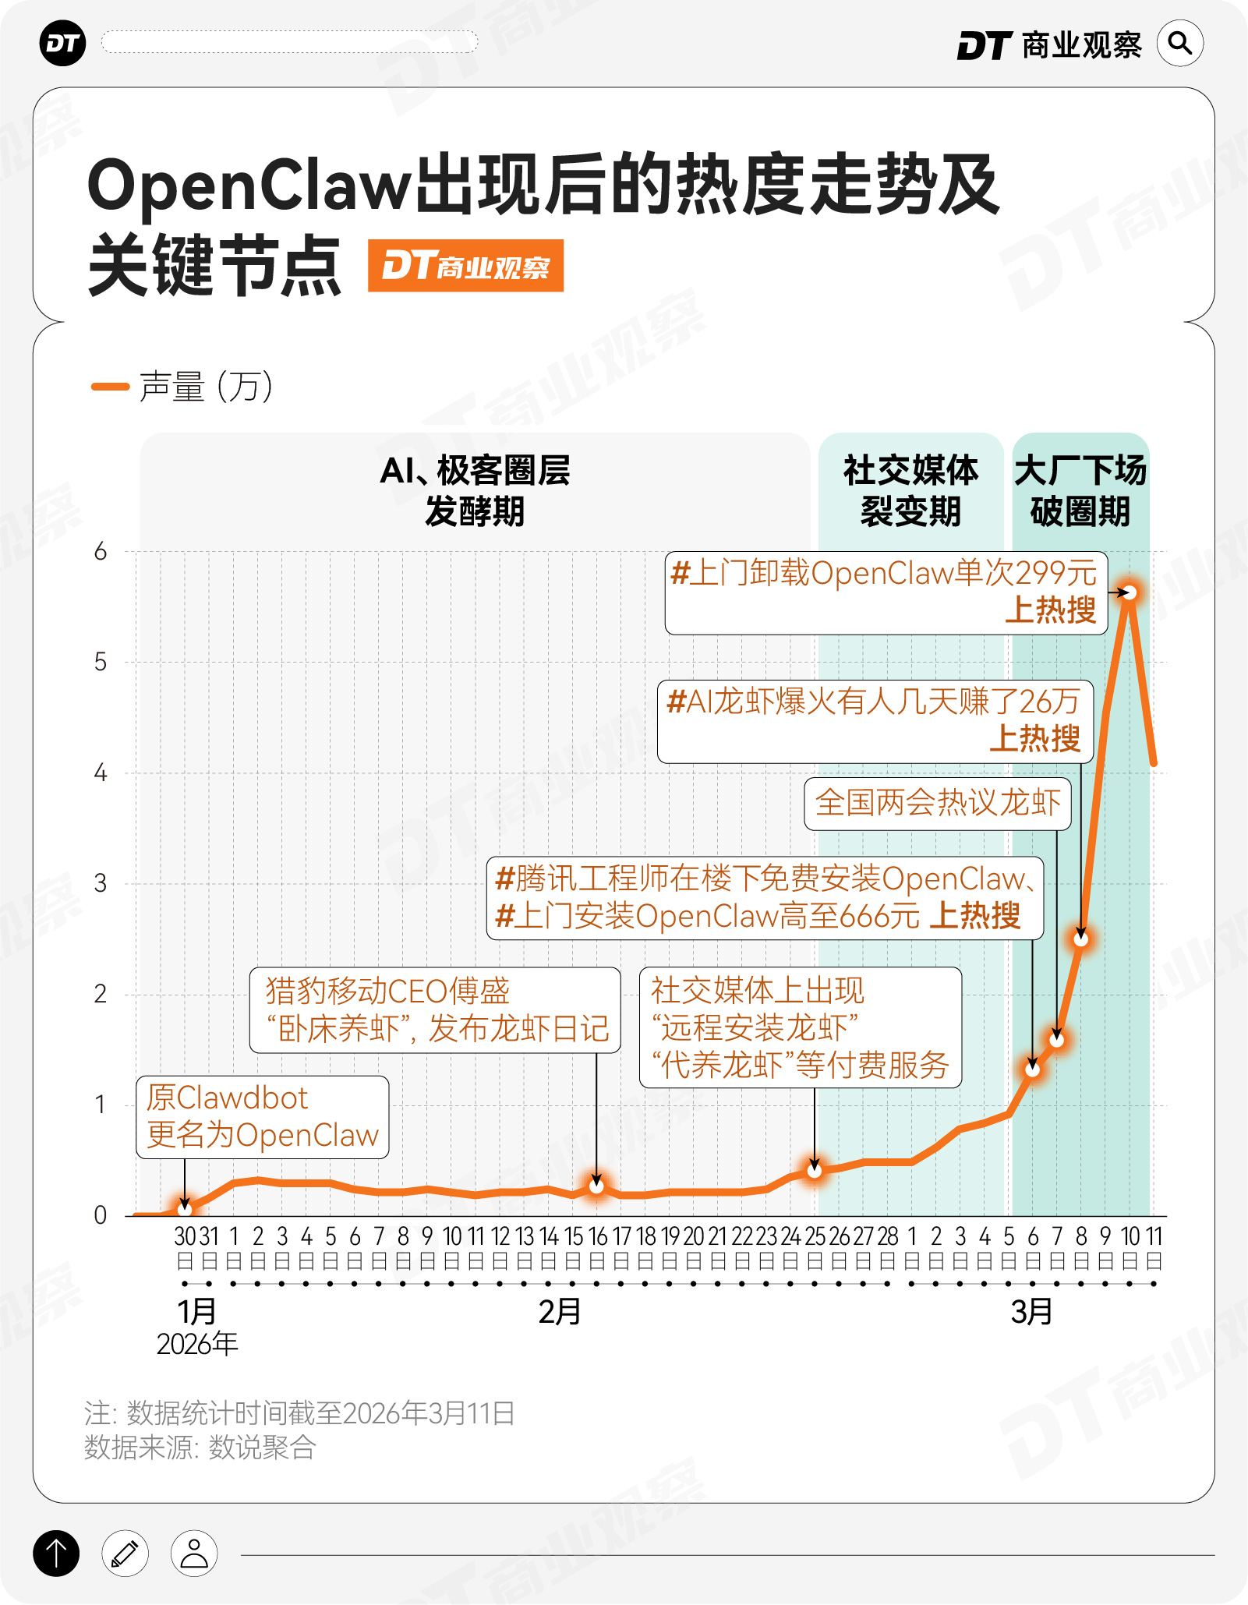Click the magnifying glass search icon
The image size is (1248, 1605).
1180,44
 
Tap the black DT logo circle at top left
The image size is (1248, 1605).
62,44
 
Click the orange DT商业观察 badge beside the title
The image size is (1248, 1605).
465,266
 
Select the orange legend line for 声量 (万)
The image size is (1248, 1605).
110,387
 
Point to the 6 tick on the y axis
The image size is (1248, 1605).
101,552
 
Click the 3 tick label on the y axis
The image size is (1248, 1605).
101,883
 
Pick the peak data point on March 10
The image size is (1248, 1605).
1130,593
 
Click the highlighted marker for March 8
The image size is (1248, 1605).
1081,939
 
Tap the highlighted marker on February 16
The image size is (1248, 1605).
596,1186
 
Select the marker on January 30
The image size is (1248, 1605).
185,1209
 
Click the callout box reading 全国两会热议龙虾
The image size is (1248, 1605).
938,803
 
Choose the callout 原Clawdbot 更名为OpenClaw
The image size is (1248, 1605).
263,1117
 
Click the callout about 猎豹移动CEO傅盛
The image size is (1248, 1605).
435,1010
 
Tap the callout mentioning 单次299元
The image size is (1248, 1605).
886,592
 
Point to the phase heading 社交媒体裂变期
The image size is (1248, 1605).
910,491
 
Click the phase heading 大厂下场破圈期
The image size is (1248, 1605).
1080,491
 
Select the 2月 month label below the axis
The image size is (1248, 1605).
560,1312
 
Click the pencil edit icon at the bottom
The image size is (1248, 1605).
125,1554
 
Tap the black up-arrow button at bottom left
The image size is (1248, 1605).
56,1554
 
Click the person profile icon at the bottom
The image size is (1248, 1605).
194,1554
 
